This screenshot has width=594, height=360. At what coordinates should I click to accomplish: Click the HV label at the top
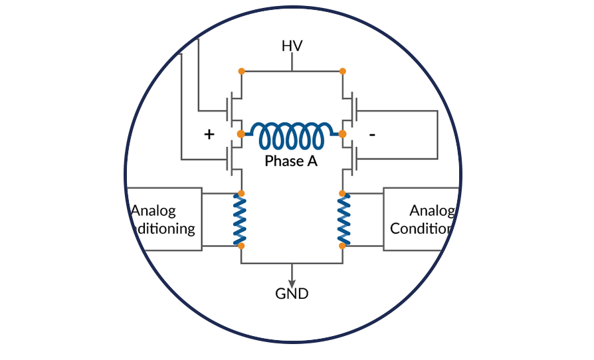[x=292, y=46]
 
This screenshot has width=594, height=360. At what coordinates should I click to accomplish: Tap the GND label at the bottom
[x=292, y=293]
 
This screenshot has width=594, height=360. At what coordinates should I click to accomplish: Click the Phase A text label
[x=292, y=161]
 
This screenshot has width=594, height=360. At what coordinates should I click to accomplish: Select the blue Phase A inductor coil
[x=292, y=135]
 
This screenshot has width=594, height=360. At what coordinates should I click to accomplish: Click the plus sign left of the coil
[x=209, y=134]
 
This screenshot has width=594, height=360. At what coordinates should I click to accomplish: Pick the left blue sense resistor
[x=241, y=219]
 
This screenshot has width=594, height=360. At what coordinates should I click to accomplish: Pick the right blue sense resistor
[x=343, y=219]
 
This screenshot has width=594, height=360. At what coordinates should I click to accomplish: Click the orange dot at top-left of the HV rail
[x=241, y=70]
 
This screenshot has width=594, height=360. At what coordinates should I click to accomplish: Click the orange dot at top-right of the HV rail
[x=343, y=70]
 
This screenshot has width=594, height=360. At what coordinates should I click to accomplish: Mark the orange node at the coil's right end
[x=343, y=134]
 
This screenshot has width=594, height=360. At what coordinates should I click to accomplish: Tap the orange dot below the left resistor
[x=241, y=246]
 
